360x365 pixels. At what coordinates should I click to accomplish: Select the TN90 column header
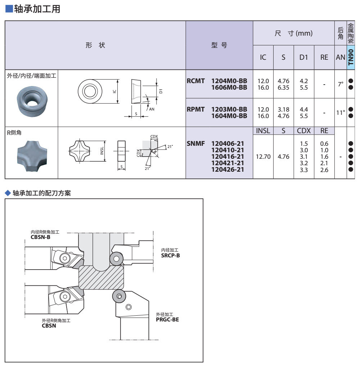[x=351, y=57]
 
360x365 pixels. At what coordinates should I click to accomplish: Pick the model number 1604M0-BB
[x=229, y=116]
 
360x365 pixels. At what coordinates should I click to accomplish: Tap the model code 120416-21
[x=228, y=156]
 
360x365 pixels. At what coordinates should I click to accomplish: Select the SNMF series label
[x=196, y=144]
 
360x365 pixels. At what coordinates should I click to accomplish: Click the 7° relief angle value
[x=340, y=84]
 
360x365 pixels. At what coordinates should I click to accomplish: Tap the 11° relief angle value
[x=340, y=113]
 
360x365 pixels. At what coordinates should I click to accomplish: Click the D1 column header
[x=304, y=57]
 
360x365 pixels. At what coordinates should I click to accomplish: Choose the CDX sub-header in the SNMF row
[x=304, y=131]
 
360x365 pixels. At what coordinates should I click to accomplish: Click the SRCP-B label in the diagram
[x=170, y=255]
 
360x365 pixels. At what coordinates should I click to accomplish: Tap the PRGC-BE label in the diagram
[x=167, y=319]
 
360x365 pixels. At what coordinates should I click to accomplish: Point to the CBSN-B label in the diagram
[x=40, y=237]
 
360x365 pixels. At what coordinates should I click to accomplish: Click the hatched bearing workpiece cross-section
[x=102, y=277]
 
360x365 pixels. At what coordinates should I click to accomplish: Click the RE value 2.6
[x=324, y=170]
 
